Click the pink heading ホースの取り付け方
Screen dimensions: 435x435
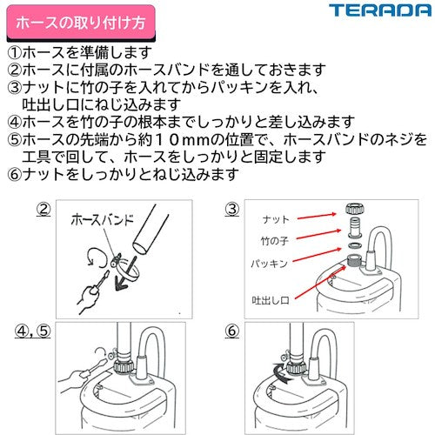(x=68, y=17)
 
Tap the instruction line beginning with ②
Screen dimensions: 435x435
(x=165, y=69)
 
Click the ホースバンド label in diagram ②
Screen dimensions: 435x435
(x=102, y=221)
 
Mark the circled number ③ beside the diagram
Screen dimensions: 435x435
(x=231, y=209)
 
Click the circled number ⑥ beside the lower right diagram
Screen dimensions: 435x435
(x=231, y=331)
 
